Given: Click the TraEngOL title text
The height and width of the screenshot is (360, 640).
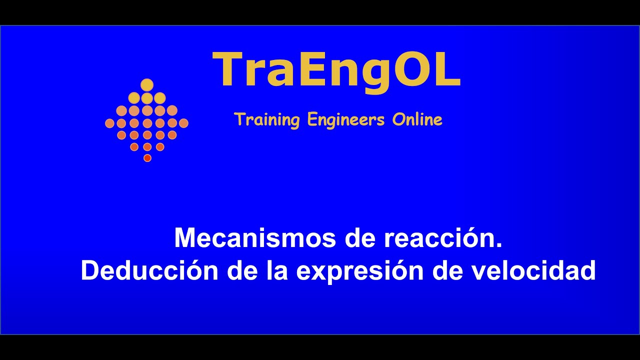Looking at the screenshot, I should point(336,70).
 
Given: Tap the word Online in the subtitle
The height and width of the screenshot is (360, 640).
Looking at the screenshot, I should point(417,120).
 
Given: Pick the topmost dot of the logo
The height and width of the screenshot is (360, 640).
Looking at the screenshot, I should point(146,85).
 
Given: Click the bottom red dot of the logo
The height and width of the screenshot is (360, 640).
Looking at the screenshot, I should point(147,158).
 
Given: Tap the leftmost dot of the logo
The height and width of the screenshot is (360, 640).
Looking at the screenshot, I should point(109,123).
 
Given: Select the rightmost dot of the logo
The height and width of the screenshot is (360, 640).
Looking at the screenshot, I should point(183,123).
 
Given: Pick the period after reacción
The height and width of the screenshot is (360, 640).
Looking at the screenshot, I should point(498,245).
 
